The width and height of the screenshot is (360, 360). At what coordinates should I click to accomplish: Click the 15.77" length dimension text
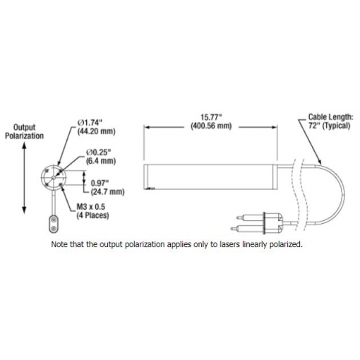pyautogui.click(x=211, y=117)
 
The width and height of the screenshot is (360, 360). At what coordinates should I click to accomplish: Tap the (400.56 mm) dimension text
pyautogui.click(x=211, y=126)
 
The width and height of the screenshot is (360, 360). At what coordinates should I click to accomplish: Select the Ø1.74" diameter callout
pyautogui.click(x=90, y=122)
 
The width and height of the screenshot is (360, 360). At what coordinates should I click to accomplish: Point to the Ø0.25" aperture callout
pyautogui.click(x=98, y=152)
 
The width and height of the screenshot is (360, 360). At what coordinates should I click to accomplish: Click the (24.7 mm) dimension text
pyautogui.click(x=107, y=192)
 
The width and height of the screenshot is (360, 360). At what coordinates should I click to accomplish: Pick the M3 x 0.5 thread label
pyautogui.click(x=91, y=207)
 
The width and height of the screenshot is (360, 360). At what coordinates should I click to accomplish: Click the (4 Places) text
pyautogui.click(x=92, y=215)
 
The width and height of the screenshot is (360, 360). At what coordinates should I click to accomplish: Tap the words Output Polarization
pyautogui.click(x=25, y=131)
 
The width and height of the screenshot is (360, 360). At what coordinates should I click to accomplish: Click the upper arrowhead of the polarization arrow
pyautogui.click(x=24, y=146)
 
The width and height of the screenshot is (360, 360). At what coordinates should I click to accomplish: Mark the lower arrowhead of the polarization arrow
pyautogui.click(x=24, y=210)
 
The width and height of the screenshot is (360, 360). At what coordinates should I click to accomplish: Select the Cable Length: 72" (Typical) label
pyautogui.click(x=330, y=121)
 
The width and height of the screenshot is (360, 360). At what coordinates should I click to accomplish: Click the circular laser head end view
pyautogui.click(x=54, y=177)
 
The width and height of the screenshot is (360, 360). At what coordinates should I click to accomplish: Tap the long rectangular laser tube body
pyautogui.click(x=210, y=176)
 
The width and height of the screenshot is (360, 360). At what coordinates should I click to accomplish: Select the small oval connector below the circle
pyautogui.click(x=54, y=224)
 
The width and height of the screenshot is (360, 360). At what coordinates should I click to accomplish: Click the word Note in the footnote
pyautogui.click(x=59, y=244)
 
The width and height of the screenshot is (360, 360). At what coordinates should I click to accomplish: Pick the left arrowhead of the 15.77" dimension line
pyautogui.click(x=147, y=127)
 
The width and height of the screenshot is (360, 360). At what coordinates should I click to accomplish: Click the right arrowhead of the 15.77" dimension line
pyautogui.click(x=275, y=127)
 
